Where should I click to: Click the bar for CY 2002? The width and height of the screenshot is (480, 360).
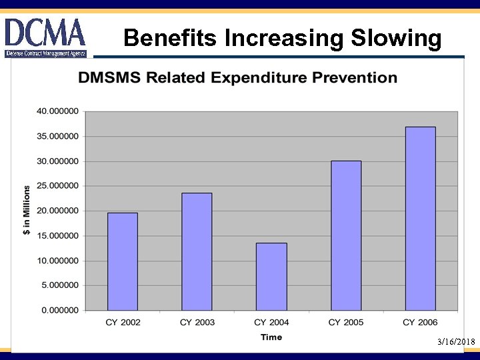tap(123, 261)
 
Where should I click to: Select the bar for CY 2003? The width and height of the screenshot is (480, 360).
tap(197, 251)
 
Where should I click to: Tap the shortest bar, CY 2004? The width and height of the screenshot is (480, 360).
tap(271, 276)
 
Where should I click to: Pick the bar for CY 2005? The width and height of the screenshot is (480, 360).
tap(346, 235)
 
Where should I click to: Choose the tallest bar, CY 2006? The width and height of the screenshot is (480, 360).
tap(420, 218)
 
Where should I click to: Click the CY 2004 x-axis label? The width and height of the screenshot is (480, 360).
tap(271, 323)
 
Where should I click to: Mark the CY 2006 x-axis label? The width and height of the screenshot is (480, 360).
tap(420, 323)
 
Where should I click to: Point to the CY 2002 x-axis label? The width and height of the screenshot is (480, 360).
tap(123, 323)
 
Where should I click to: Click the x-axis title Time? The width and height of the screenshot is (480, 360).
tap(271, 337)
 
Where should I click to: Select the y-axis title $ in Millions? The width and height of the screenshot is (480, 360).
tap(27, 211)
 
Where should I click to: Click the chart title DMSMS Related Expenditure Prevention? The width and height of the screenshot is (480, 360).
tap(237, 77)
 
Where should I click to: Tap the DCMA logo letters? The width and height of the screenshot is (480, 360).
tap(45, 32)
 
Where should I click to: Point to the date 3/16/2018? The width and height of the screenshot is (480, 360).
tap(456, 342)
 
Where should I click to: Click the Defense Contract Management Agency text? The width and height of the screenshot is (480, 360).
tap(45, 53)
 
